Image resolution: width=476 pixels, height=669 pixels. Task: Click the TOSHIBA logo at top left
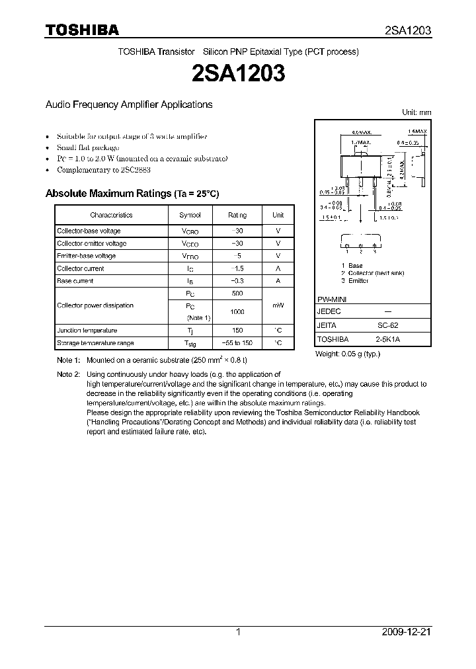[x=81, y=30]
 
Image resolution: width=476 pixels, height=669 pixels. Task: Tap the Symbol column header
[x=190, y=215]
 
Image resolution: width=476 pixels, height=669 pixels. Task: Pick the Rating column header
[x=237, y=215]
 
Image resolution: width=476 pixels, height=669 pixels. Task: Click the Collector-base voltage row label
[x=89, y=231]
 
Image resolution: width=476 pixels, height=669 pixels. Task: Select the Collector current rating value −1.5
[x=237, y=268]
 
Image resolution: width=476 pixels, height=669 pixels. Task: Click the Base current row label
[x=75, y=281]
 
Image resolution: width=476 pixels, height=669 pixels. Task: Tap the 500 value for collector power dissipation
[x=237, y=293]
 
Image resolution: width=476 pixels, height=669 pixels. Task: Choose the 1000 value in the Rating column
[x=237, y=311]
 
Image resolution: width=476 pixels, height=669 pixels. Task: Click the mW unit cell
[x=278, y=305]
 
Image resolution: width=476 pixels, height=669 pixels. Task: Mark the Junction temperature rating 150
[x=237, y=331]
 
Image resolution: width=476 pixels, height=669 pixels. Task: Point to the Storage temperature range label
[x=95, y=343]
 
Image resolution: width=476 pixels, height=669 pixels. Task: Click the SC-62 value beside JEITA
[x=387, y=325]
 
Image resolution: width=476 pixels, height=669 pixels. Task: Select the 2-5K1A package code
[x=387, y=338]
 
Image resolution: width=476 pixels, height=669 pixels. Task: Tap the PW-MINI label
[x=333, y=299]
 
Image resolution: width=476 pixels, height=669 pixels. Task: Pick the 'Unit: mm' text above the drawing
[x=416, y=112]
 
